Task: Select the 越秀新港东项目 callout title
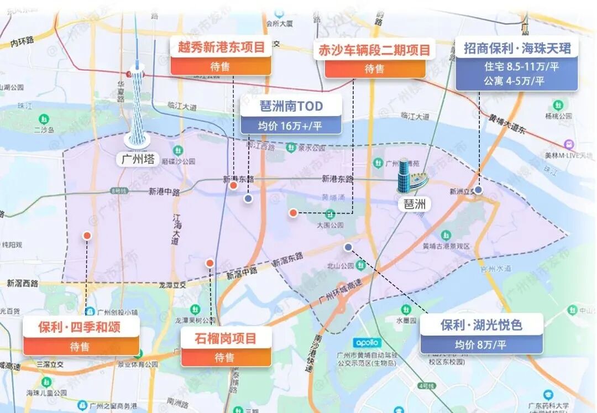point(221,48)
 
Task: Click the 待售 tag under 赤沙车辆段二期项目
point(374,69)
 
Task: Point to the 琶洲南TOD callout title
point(291,106)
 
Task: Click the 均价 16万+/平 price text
point(291,126)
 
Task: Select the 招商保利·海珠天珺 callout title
point(517,48)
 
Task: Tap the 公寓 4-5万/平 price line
point(514,81)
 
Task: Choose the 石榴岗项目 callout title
point(226,338)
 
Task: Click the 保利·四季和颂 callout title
point(80,327)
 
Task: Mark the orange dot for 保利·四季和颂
point(87,236)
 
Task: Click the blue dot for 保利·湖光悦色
point(348,247)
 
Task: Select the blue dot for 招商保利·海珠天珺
point(478,190)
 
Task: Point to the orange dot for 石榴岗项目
point(210,263)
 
